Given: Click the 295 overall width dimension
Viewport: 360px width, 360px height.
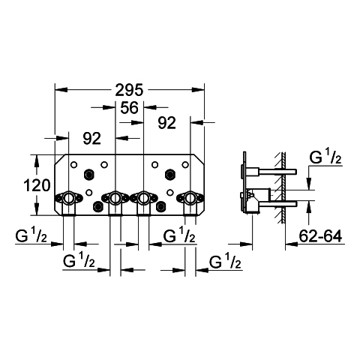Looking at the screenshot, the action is tap(129, 90).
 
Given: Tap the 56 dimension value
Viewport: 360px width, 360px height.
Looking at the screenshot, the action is tap(129, 108).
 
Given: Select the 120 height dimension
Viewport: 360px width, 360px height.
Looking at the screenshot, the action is tap(37, 186).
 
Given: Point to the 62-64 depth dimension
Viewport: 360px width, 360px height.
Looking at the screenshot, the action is tap(320, 236).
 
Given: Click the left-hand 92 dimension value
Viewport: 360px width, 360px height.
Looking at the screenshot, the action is tap(91, 138).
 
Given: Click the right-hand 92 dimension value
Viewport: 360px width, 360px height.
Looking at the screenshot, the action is tap(166, 123).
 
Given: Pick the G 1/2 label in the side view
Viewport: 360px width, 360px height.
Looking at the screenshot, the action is tap(325, 157).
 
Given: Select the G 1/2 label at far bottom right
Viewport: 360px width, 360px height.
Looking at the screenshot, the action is tap(225, 261).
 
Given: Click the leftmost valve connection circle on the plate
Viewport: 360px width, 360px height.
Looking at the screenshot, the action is tap(68, 198).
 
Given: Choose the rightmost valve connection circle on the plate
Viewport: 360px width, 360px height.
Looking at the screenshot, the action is tap(190, 198).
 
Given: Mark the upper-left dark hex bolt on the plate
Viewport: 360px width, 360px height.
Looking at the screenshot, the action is tap(88, 173).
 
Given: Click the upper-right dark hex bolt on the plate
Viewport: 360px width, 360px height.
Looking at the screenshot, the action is tap(170, 173).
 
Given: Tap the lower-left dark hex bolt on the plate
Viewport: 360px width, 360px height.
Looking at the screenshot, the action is tap(97, 206).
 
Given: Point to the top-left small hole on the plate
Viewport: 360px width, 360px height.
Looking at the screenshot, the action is tap(73, 165).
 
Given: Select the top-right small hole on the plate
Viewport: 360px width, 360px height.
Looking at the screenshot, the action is tap(185, 165).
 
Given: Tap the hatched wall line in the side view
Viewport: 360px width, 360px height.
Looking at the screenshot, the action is tap(283, 187).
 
